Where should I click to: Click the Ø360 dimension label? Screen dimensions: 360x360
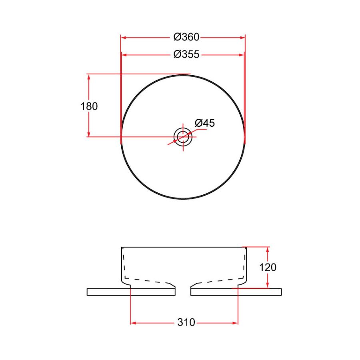tap(186, 37)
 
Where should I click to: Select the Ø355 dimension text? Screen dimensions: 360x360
tap(186, 54)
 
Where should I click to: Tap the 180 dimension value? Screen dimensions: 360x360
tap(89, 106)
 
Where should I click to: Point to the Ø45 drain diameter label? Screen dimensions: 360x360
tap(205, 123)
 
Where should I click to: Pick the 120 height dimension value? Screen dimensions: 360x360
tap(268, 267)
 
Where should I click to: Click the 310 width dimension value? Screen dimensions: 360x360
tap(186, 322)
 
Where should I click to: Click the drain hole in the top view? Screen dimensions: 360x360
tap(183, 137)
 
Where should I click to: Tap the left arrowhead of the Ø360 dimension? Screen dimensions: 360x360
tap(124, 38)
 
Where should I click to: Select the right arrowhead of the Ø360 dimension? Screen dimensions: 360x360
tap(242, 38)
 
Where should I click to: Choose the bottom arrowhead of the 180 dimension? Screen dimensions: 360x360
tap(89, 134)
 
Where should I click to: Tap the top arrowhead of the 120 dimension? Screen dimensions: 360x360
tap(268, 250)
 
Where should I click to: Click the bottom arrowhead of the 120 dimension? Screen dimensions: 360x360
tap(268, 285)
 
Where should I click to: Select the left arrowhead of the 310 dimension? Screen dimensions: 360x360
tap(134, 322)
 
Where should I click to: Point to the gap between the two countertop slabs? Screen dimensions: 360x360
tap(183, 292)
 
